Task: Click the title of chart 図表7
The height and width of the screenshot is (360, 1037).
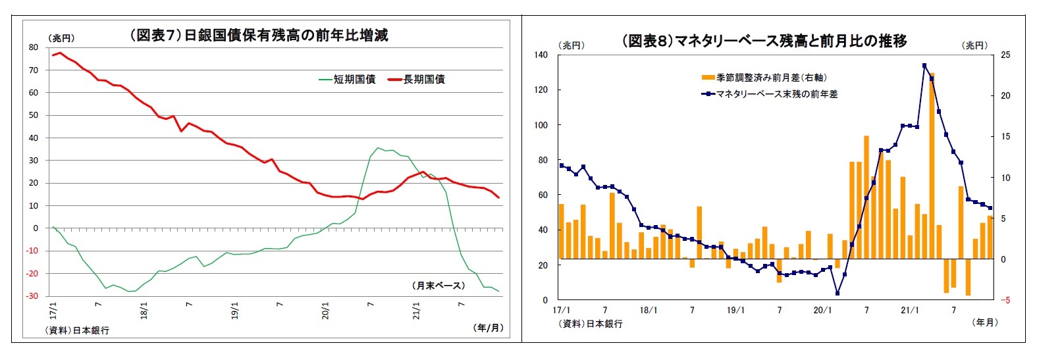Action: coord(259,36)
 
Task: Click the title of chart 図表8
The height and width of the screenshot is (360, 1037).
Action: coord(764,41)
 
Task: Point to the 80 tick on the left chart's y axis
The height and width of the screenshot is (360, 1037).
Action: coord(34,47)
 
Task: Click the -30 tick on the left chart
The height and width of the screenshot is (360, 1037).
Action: coord(32,296)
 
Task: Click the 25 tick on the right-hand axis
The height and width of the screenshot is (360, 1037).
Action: coord(1005,55)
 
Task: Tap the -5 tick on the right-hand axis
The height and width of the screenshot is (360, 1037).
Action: coord(1005,300)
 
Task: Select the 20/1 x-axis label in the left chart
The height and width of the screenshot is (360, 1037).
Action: coord(325,311)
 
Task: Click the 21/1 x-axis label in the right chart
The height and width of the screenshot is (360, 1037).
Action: coord(910,310)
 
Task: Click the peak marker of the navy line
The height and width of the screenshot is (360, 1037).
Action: coord(924,65)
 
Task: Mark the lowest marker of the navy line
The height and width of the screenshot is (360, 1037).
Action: coord(838,294)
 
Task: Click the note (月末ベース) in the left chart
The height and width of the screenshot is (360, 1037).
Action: coord(439,286)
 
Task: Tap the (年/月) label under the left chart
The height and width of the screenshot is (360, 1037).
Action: coord(488,328)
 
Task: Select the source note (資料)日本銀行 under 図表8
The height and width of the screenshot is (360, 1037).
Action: coord(591,324)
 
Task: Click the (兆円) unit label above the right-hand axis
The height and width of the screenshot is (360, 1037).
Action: coord(975,45)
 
